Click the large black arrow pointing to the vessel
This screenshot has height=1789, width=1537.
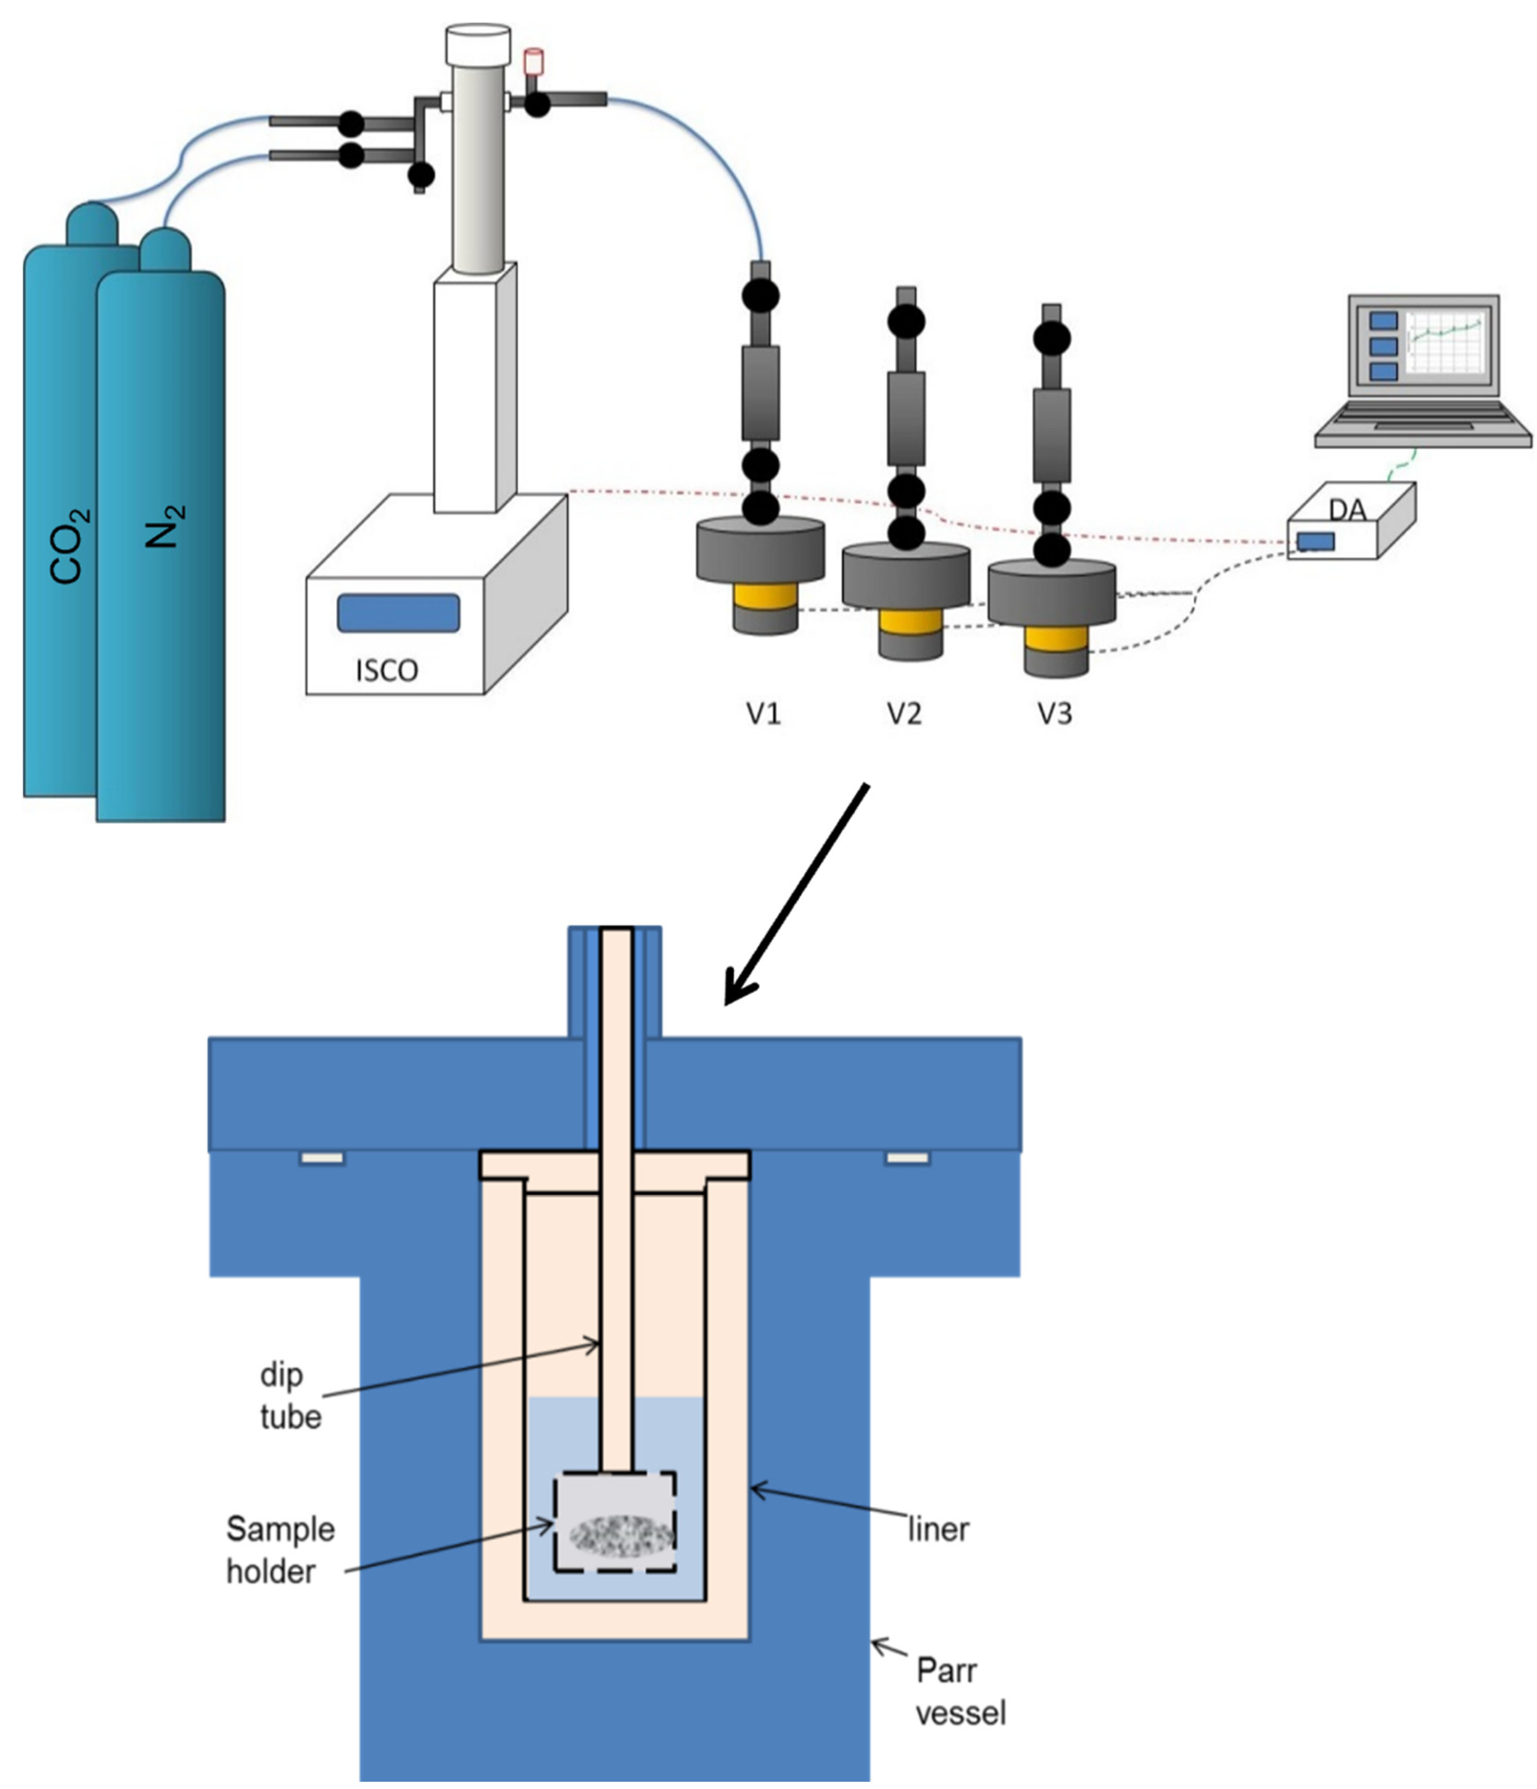794,898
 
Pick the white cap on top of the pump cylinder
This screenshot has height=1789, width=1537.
477,43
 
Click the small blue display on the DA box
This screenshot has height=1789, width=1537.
1315,541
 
